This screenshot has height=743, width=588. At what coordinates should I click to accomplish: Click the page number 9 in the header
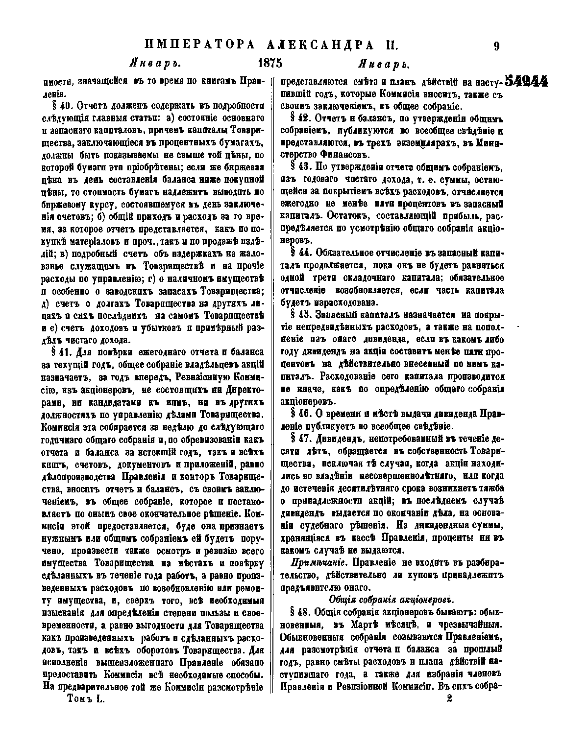click(496, 46)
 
